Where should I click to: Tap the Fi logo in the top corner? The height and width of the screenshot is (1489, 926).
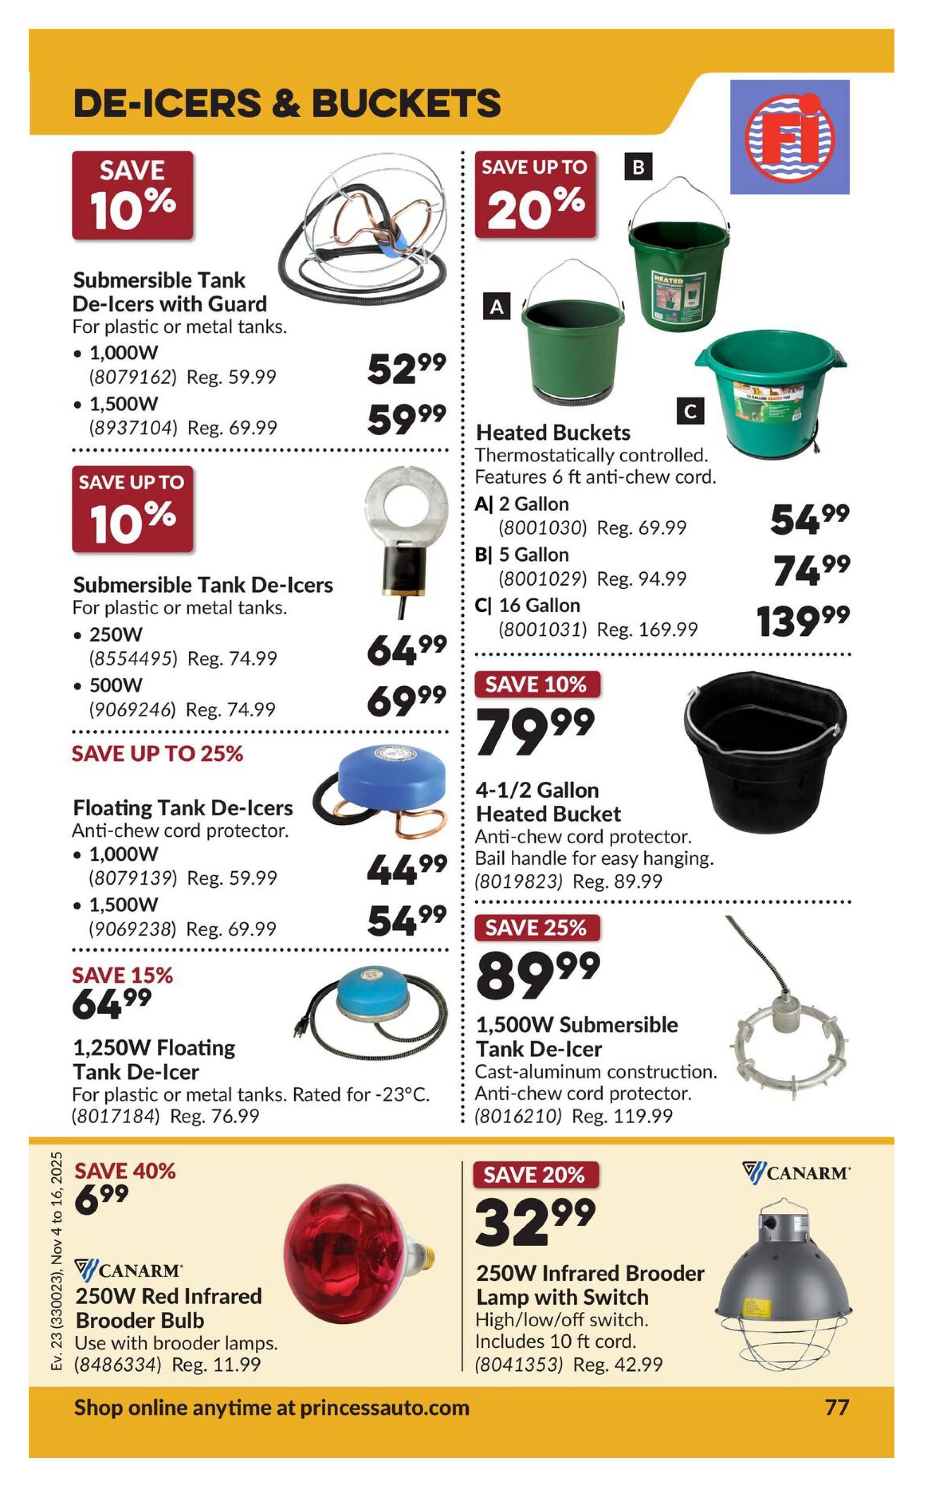pos(789,137)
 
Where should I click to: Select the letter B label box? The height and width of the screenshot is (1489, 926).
pos(638,167)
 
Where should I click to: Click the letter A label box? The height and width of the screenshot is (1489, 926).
pos(496,306)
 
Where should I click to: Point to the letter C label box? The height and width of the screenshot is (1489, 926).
pos(690,411)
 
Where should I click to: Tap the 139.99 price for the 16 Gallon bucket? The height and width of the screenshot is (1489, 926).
pos(802,622)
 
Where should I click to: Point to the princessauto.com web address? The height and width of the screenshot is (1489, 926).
pos(384,1408)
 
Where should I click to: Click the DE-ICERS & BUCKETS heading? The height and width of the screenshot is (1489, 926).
pos(287,103)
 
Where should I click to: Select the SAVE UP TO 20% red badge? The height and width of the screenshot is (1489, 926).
pos(535,195)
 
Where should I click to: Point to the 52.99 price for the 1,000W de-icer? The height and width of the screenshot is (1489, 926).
pos(406,369)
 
